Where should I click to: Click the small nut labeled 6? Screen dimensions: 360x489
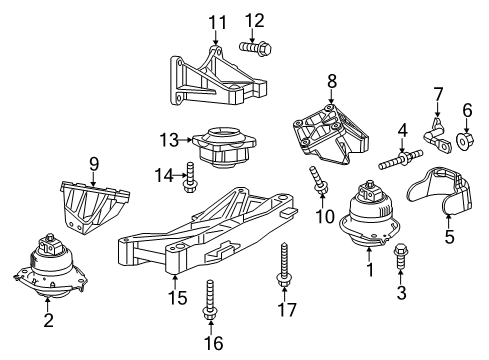[x=466, y=141]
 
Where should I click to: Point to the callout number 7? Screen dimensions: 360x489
[x=436, y=96]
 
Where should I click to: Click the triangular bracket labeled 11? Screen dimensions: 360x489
[x=213, y=75]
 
